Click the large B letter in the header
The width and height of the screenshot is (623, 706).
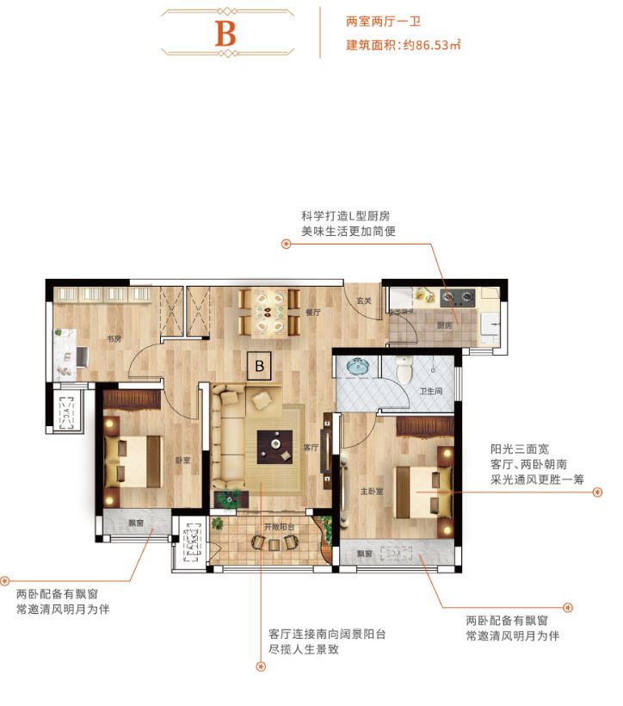point(225,34)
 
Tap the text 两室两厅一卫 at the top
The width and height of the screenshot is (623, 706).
point(376,19)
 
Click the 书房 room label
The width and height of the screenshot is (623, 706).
point(113,339)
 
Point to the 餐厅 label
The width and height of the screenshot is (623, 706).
point(312,313)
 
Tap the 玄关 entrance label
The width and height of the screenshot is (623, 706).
point(363,300)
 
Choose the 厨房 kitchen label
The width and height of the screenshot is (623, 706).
point(444,325)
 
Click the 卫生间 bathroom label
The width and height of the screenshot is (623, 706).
point(430,391)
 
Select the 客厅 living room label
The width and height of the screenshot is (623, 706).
point(311,448)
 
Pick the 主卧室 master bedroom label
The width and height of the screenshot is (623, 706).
point(371,492)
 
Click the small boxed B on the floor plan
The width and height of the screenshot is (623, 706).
point(258,366)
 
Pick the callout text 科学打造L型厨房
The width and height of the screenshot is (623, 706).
point(339,215)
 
